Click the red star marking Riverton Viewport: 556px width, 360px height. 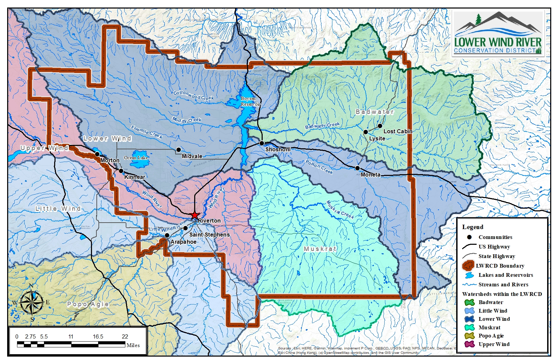click(194, 215)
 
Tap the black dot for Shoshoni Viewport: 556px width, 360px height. click(262, 143)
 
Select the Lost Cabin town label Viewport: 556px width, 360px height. click(398, 131)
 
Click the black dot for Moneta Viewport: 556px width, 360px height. click(357, 168)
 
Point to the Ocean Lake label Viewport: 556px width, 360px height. click(136, 157)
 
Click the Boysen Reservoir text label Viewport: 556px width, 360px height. click(250, 101)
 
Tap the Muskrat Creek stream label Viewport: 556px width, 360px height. click(340, 209)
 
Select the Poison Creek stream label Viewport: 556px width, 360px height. click(319, 167)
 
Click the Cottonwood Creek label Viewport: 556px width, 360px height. click(193, 95)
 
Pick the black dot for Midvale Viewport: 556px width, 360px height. click(179, 150)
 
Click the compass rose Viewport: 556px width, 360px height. click(32, 302)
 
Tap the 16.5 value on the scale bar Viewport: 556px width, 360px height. click(98, 336)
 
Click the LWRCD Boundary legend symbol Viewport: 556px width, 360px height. click(468, 266)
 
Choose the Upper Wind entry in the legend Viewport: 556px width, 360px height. click(494, 344)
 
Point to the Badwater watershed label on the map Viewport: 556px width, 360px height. click(374, 112)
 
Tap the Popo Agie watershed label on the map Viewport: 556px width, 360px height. click(88, 304)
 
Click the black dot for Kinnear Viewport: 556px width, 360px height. click(121, 171)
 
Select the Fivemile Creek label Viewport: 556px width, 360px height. click(146, 132)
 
